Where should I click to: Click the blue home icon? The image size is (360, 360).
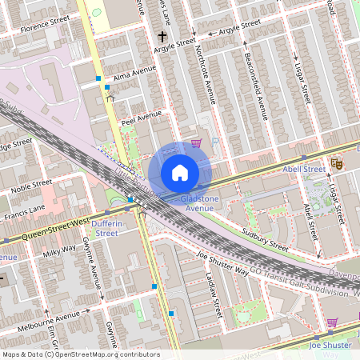[x=180, y=173]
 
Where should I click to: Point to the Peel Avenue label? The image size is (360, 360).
[x=141, y=117]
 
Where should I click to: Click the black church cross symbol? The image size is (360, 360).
[x=162, y=37]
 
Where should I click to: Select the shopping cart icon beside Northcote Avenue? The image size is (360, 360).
[x=196, y=144]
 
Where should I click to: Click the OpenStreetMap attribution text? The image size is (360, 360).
[x=80, y=354]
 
